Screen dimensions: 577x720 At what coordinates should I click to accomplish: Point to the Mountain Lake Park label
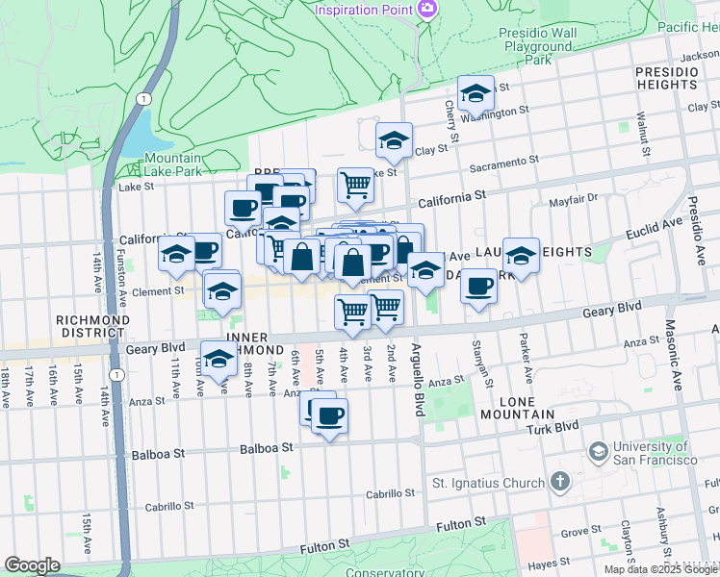click(173, 164)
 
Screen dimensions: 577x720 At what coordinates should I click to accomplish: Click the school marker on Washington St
click(475, 94)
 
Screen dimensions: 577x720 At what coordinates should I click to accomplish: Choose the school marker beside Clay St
click(393, 141)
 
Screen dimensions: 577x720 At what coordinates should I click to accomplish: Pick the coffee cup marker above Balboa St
click(329, 415)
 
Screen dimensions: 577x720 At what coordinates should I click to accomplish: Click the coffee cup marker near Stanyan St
click(478, 285)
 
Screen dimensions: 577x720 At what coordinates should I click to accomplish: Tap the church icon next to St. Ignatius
click(559, 482)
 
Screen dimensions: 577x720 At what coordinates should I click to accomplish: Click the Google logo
click(32, 565)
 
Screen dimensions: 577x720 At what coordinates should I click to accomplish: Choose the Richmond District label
click(91, 328)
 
